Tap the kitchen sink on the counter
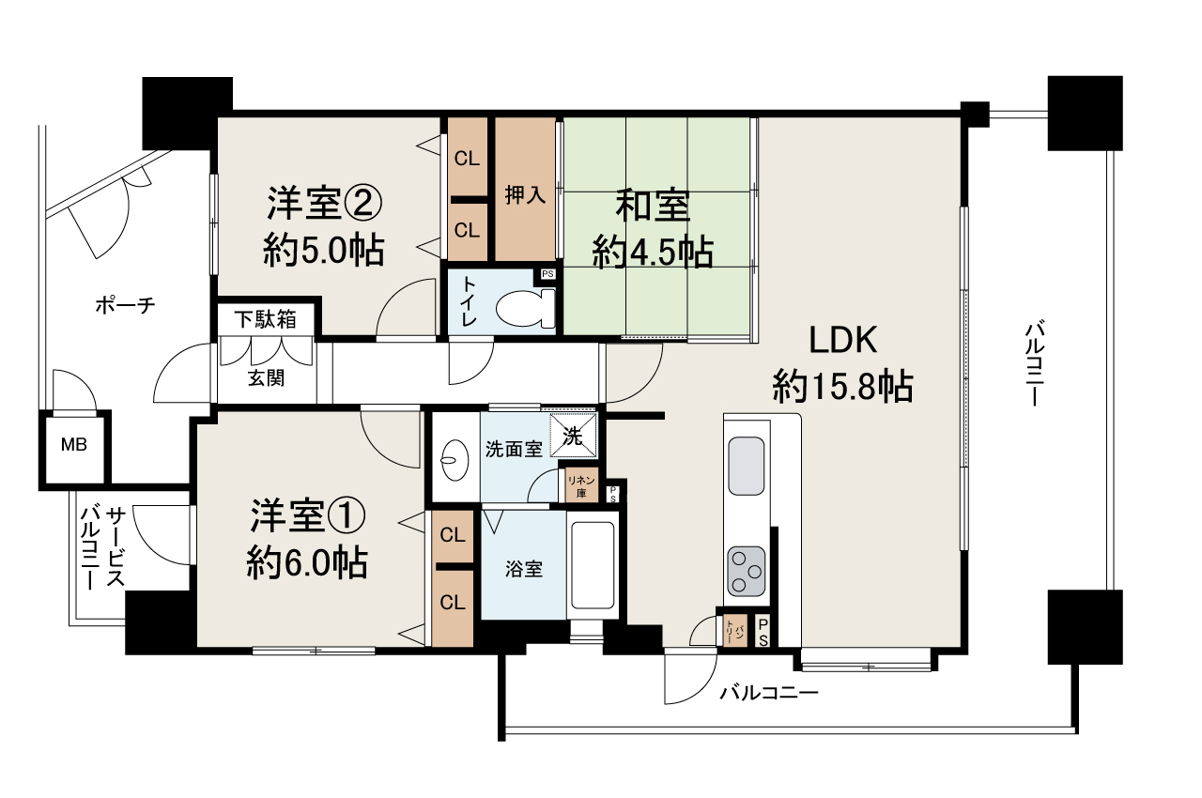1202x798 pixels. (747, 465)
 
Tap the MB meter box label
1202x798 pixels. (74, 444)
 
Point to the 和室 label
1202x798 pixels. (653, 206)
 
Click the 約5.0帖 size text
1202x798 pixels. (323, 250)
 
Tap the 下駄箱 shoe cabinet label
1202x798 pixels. (265, 319)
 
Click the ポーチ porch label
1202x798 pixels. (125, 305)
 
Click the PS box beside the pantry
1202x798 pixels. (763, 631)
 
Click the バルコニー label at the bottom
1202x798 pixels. (769, 694)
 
